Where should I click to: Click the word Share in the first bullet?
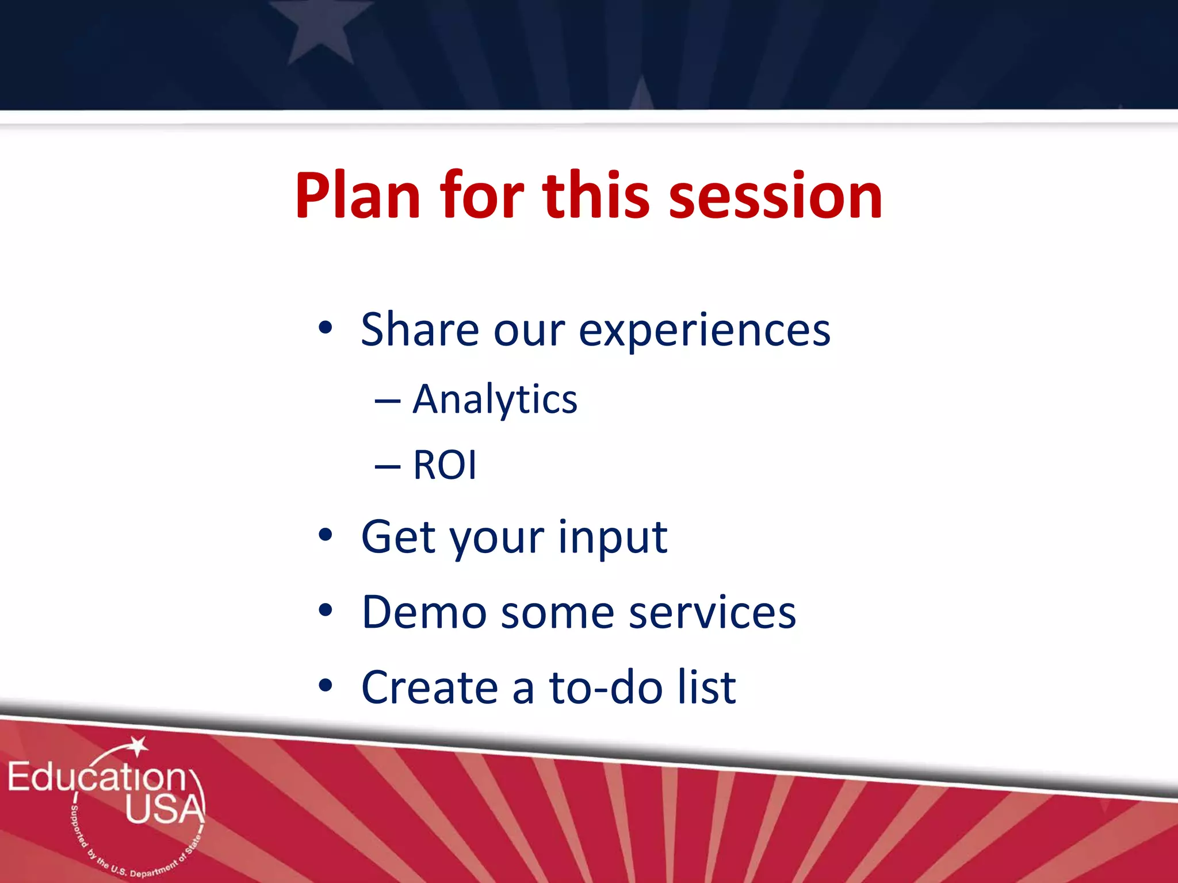coord(420,330)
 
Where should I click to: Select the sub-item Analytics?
coord(495,400)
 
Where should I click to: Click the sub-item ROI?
coord(445,464)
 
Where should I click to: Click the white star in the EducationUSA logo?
coord(138,746)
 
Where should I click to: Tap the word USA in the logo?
coord(165,809)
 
